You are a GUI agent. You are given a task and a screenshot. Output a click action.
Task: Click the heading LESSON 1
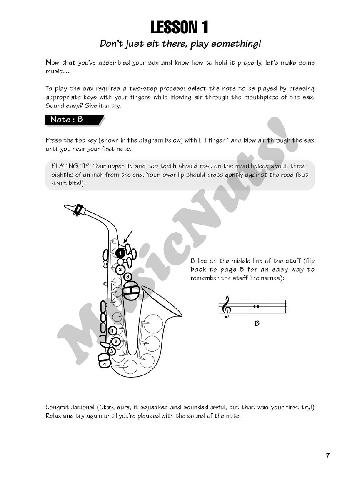[179, 27]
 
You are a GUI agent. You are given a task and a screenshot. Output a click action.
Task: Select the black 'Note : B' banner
[73, 120]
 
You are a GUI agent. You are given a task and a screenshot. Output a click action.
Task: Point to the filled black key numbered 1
[120, 252]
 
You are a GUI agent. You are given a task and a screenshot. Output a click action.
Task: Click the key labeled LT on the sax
[105, 264]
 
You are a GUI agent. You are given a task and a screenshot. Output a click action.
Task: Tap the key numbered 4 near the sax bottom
[105, 364]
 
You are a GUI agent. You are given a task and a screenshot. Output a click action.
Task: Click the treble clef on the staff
[227, 307]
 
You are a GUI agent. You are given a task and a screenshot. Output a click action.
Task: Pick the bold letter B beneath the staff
[257, 323]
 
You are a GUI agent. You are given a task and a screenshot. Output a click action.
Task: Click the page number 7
[328, 455]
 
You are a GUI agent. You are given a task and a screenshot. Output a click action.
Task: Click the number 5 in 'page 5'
[242, 270]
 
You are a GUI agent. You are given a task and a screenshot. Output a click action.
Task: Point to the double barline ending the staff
[286, 307]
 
